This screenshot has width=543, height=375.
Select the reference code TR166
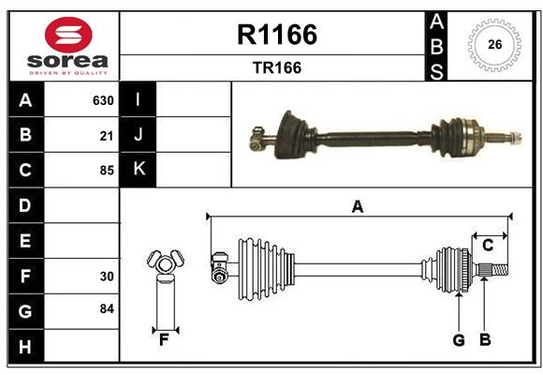coord(276,67)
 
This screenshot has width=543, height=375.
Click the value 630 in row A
coord(102,100)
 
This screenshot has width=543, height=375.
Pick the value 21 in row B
coord(106,136)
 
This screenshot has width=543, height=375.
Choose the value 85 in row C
coord(106,171)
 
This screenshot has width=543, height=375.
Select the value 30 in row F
coord(106,277)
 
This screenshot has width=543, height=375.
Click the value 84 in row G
coord(106,308)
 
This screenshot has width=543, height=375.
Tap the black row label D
coord(25,205)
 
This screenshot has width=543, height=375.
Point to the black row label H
coord(25,346)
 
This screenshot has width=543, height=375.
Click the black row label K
coord(139,170)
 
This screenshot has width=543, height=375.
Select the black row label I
coord(139,99)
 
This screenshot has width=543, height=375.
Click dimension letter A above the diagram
coord(357,206)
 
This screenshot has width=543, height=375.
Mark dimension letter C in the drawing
coord(488,246)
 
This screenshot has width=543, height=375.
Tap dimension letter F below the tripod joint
coord(164,339)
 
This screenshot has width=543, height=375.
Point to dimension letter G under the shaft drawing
coord(459,340)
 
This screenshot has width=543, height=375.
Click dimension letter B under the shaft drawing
coord(485,340)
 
